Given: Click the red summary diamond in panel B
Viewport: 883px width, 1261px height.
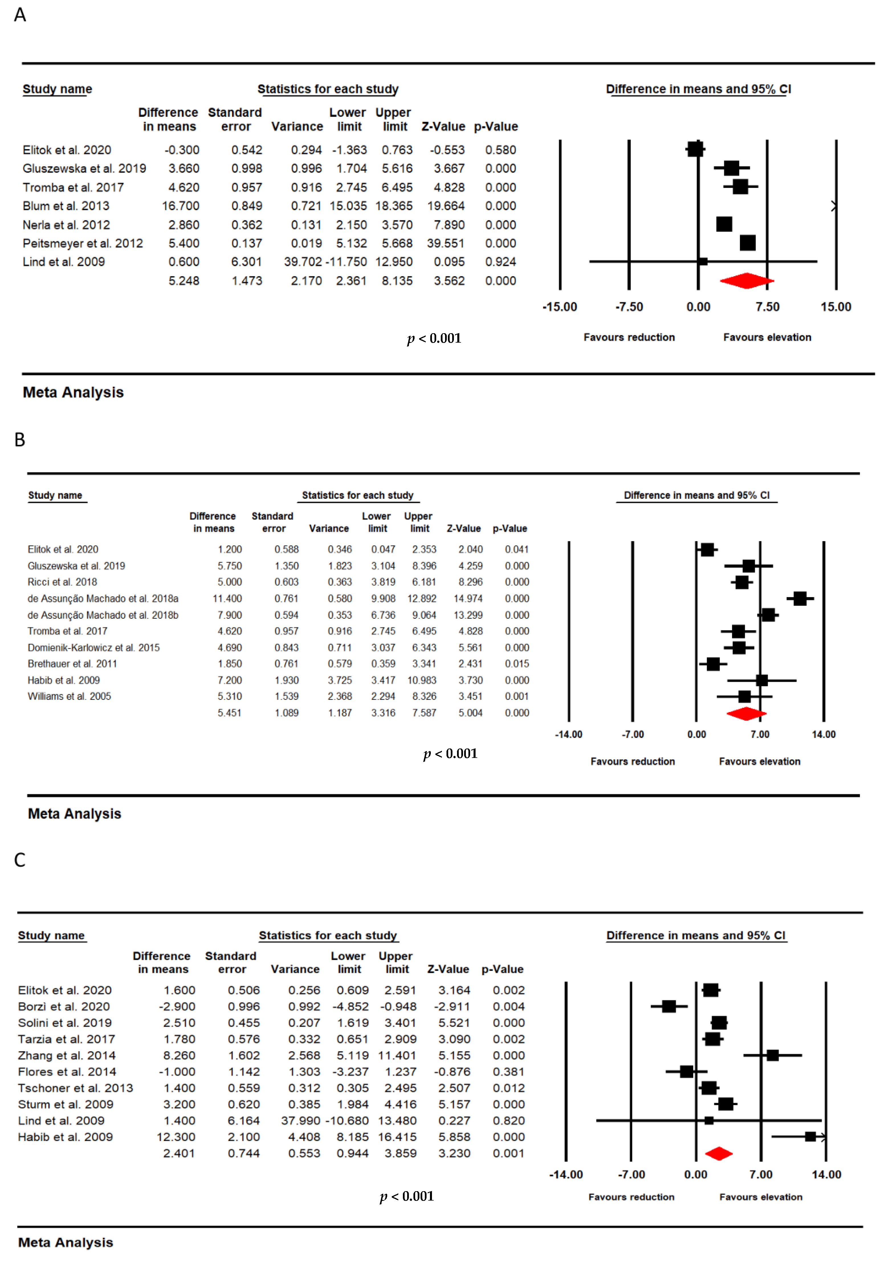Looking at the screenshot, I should [746, 713].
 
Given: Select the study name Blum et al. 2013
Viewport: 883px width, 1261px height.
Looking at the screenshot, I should [66, 206].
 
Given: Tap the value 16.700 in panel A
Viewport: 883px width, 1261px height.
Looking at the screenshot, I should [181, 206].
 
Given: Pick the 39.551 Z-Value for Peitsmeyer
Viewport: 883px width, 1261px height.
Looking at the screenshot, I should [445, 243].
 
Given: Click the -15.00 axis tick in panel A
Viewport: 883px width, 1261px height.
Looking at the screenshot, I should [560, 307].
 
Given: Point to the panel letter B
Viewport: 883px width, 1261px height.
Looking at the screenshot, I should [20, 440].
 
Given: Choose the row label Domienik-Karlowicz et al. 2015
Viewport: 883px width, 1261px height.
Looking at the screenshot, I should [93, 648].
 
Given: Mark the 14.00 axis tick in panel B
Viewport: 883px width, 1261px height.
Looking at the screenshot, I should [824, 735].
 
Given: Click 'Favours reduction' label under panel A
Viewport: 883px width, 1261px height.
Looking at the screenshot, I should [629, 337].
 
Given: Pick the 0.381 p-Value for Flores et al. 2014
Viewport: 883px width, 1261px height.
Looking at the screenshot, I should [509, 1071].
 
